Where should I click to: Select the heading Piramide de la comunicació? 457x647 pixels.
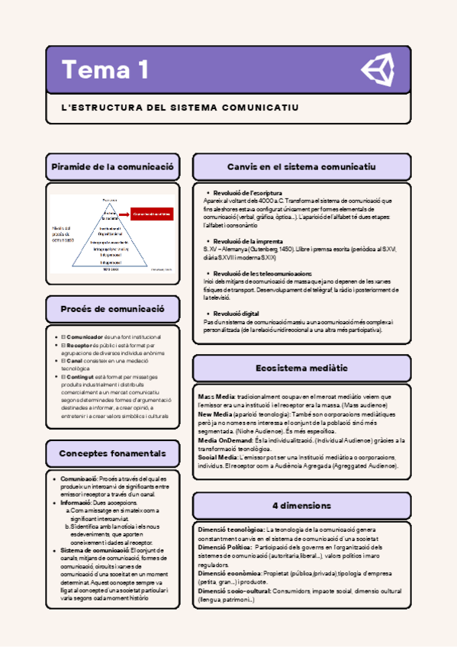click(112, 166)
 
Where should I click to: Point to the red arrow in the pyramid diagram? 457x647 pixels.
click(125, 214)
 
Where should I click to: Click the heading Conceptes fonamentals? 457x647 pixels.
click(112, 453)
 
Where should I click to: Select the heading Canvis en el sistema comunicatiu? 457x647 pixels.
click(301, 166)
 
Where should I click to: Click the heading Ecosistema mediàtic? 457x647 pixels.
click(301, 369)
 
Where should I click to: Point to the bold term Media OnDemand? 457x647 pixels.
click(221, 440)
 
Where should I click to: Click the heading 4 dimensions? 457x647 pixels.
click(301, 505)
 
